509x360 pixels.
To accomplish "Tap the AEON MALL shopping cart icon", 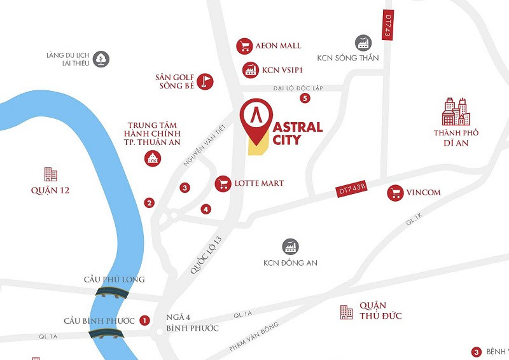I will point(244,46).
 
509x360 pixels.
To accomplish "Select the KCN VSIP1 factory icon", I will point(250,70).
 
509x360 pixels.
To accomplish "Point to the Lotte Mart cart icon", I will point(223,184).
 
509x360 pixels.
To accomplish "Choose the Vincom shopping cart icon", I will point(395,193).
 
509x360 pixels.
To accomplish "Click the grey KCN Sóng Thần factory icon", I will point(363,43).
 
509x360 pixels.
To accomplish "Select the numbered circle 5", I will point(305,98).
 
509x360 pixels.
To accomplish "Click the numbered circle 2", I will point(150,204).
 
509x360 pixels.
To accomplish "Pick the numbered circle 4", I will point(206,209).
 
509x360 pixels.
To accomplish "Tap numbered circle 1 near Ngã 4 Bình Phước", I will point(144,321).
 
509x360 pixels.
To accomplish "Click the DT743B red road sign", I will point(352,189).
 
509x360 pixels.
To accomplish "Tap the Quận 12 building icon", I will point(50,174).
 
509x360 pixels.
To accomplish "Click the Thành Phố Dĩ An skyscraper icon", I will point(456,112).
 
